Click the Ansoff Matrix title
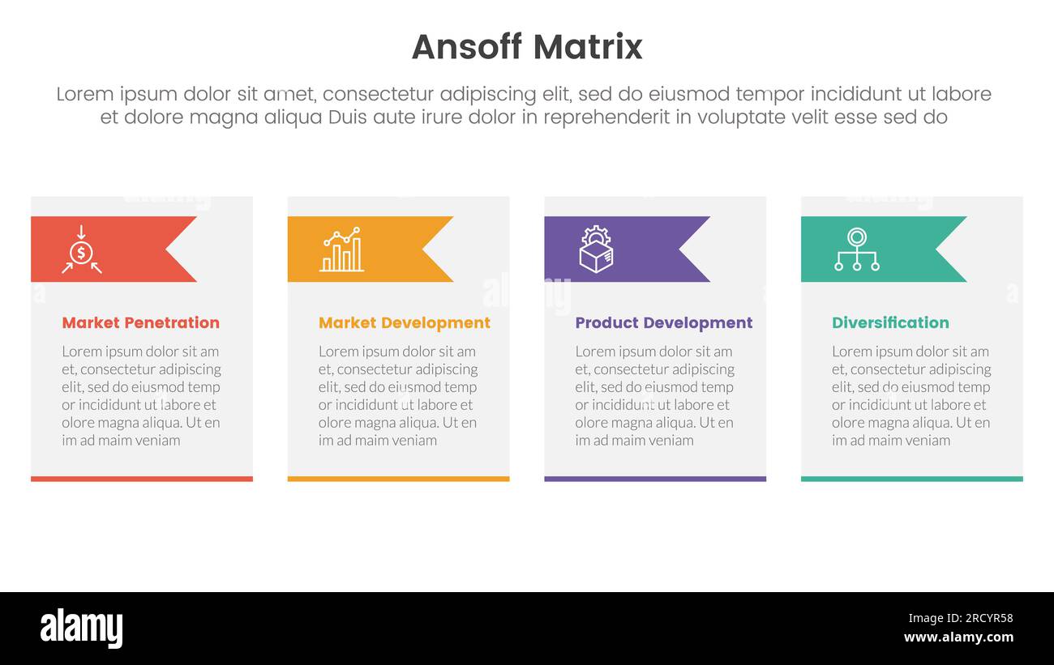point(527,47)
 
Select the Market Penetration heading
point(140,322)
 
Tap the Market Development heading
point(404,322)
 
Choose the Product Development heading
point(663,322)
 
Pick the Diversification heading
point(889,322)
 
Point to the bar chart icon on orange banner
point(341,249)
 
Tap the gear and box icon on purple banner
point(596,249)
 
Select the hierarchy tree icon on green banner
point(856,249)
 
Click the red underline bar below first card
point(142,479)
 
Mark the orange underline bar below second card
point(398,479)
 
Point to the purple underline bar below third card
point(655,479)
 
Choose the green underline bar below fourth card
point(911,479)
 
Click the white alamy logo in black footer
point(81,629)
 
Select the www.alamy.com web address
point(958,637)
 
